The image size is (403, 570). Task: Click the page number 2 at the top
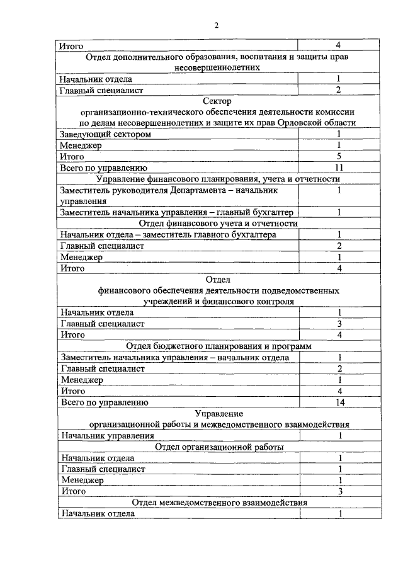tap(215, 25)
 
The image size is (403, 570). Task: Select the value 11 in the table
tap(339, 168)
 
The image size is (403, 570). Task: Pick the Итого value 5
tap(339, 157)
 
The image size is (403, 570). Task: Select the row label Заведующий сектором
tap(105, 134)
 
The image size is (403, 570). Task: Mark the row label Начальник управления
tap(106, 435)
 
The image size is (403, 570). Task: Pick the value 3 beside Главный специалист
tap(339, 324)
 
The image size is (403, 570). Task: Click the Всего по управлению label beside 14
tap(103, 402)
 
